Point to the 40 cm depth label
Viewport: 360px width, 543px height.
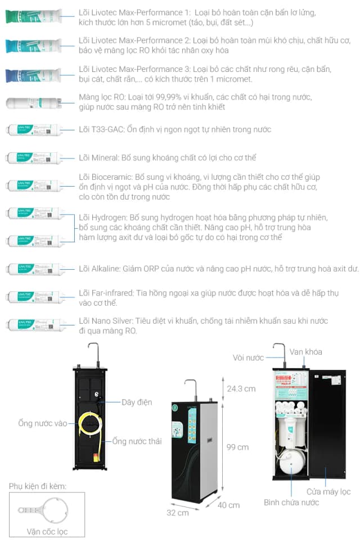click(x=228, y=505)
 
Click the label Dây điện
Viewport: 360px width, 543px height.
click(x=137, y=402)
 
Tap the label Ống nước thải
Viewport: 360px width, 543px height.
click(x=137, y=441)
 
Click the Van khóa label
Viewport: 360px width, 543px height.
click(x=306, y=351)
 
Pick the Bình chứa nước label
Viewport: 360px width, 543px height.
click(x=291, y=502)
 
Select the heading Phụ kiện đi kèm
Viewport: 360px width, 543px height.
click(x=37, y=485)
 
